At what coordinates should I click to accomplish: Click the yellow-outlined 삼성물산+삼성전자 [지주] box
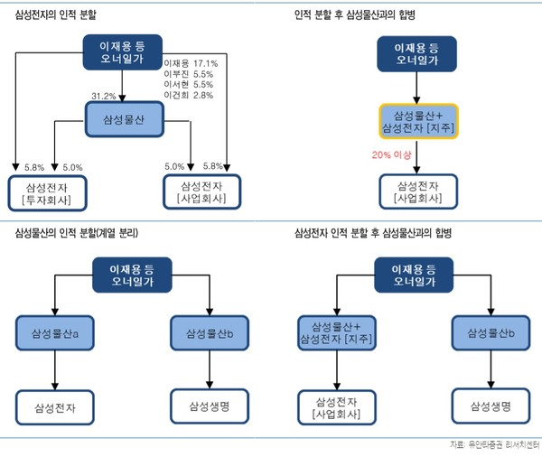click(418, 123)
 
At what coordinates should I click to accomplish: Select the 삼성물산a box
click(54, 332)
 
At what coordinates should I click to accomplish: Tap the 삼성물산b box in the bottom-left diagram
click(209, 332)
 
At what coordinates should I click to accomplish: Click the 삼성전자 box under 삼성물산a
click(54, 407)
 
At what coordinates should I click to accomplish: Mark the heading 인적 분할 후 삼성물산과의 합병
click(360, 15)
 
